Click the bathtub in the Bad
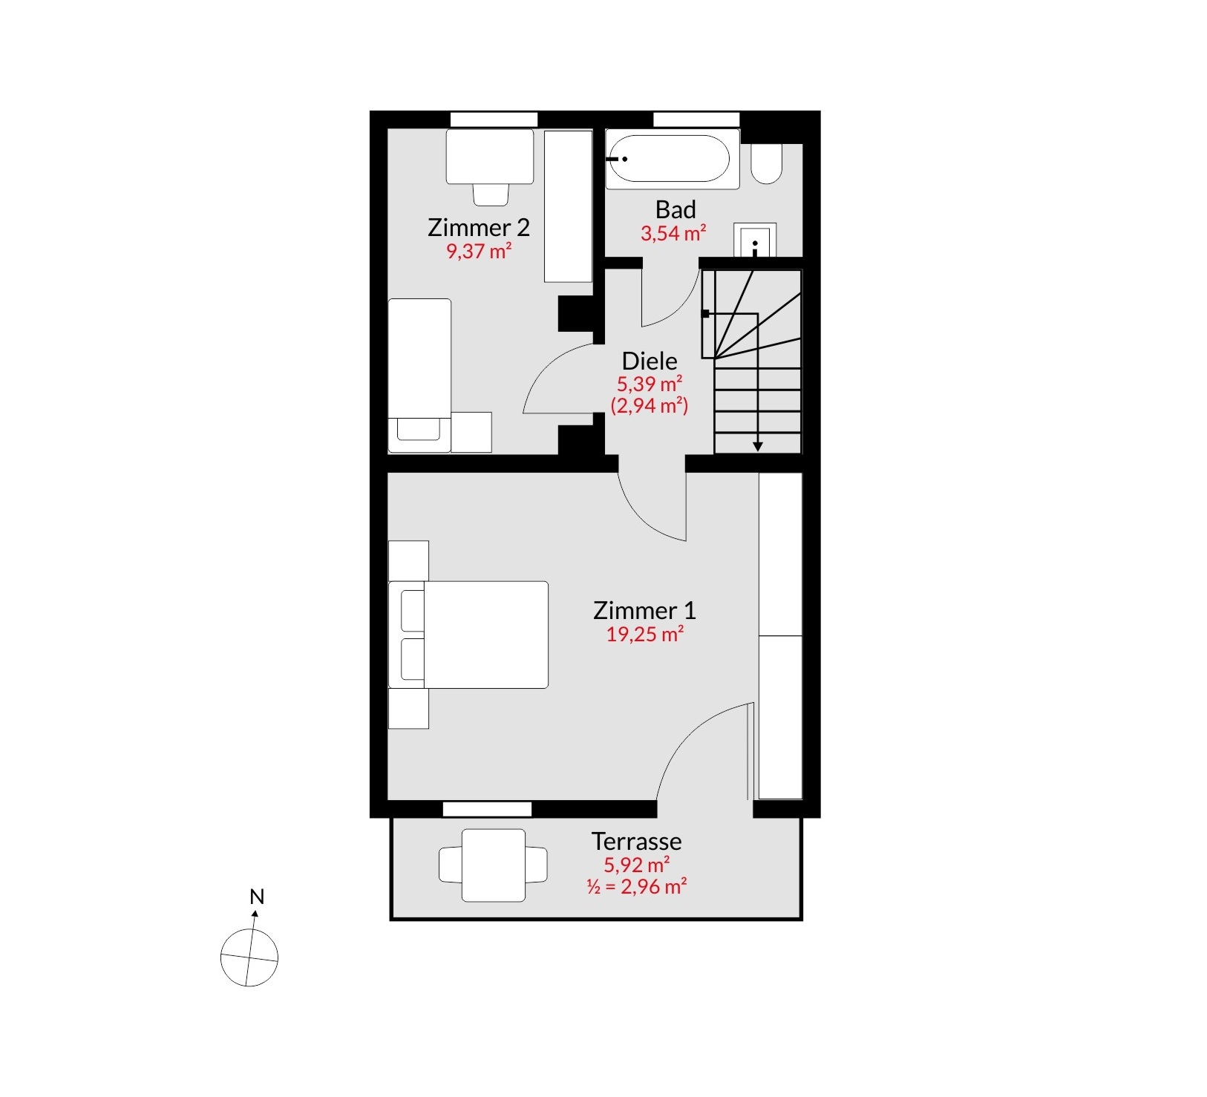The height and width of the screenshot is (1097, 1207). [673, 159]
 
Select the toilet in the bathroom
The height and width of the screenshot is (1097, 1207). [767, 163]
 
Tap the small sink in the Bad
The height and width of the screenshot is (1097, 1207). [755, 240]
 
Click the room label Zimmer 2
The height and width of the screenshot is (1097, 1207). [479, 227]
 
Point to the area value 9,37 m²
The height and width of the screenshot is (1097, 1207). [479, 251]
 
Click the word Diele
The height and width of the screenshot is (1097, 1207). [650, 361]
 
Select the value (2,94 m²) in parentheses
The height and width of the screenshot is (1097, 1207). [650, 406]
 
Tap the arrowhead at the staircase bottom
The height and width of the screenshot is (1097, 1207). [757, 447]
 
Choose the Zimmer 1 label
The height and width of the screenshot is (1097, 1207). [644, 611]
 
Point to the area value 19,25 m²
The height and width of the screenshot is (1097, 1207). [644, 635]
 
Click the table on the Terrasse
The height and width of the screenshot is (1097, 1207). [494, 865]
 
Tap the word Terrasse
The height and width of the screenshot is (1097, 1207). [636, 841]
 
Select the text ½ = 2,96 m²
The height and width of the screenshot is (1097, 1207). [636, 886]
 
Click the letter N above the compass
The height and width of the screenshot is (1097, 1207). [257, 897]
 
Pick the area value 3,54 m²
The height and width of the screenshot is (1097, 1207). [673, 233]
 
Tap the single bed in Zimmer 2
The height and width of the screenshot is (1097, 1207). [419, 376]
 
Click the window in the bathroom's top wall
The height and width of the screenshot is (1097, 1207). [696, 119]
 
